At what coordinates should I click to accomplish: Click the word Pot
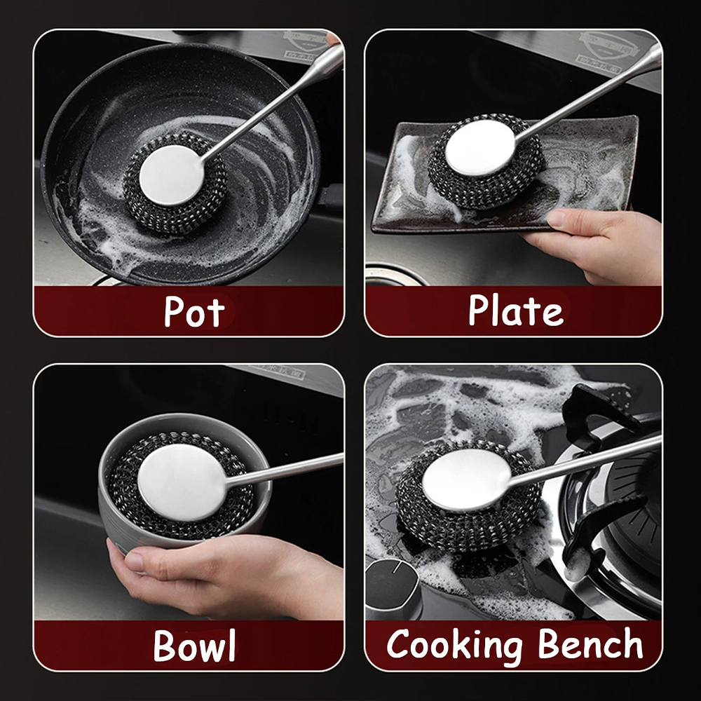193,311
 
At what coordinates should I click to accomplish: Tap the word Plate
516,310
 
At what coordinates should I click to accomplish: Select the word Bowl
194,645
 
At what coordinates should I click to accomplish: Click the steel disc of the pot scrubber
171,175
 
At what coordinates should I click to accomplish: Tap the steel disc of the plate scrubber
481,149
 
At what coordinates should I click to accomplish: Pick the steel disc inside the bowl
181,483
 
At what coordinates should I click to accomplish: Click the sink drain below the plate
396,275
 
